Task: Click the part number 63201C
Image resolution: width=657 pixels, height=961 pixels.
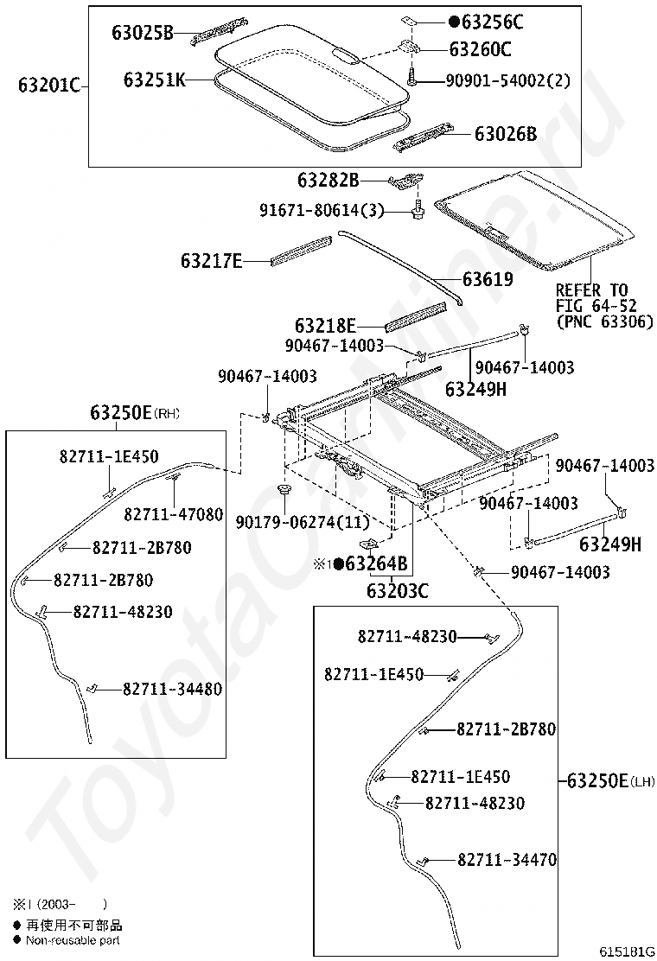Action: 49,85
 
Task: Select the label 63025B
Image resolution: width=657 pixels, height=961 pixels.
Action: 143,32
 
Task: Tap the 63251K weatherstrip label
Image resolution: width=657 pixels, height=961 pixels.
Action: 155,79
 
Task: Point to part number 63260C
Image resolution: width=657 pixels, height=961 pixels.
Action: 481,49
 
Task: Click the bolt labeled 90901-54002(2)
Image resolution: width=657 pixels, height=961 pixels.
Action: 410,78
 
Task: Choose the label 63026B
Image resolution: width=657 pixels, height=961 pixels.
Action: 506,134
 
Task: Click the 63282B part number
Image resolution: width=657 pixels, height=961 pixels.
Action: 328,180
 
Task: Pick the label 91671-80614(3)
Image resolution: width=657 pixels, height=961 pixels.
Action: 322,210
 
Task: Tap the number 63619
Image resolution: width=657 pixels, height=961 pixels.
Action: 488,279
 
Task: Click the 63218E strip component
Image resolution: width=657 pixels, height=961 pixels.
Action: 416,316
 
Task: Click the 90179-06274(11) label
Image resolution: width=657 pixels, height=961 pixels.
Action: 303,522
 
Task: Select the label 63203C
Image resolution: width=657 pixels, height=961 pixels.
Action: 397,591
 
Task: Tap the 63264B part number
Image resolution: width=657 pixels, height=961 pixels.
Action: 376,563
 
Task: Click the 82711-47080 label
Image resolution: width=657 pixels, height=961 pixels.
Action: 174,514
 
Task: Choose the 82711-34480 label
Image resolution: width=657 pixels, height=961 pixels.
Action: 172,689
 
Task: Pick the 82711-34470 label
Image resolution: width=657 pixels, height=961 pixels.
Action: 507,860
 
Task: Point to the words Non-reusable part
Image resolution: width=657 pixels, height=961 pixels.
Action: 73,940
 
